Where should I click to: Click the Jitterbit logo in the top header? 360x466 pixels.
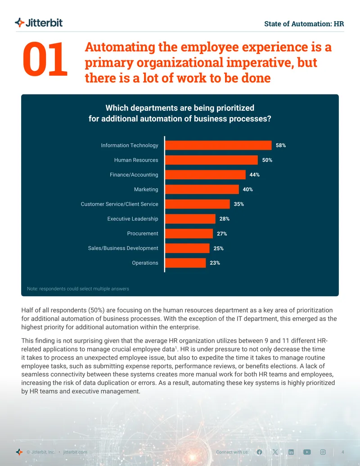click(39, 23)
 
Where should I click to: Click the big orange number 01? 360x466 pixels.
click(45, 59)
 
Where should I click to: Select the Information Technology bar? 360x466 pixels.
click(218, 145)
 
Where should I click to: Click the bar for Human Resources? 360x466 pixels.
click(211, 160)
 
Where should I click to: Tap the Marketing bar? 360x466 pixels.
click(202, 189)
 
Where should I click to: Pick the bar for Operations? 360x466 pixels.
click(185, 263)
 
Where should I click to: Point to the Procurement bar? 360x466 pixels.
click(189, 234)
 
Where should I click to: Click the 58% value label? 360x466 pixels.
click(281, 145)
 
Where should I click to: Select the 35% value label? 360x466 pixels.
click(239, 204)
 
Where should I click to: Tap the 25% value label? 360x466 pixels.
click(218, 249)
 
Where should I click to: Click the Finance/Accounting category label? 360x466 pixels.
click(134, 175)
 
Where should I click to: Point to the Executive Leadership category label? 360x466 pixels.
click(133, 219)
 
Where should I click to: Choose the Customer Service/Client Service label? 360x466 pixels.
click(119, 204)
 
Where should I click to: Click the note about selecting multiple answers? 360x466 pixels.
click(78, 289)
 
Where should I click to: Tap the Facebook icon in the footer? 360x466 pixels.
click(259, 452)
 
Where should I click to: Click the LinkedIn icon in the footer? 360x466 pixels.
click(291, 452)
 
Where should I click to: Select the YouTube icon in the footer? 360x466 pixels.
click(307, 452)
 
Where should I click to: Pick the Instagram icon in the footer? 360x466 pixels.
click(323, 452)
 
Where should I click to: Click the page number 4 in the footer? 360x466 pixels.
click(343, 452)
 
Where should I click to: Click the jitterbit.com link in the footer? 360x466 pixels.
click(75, 452)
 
